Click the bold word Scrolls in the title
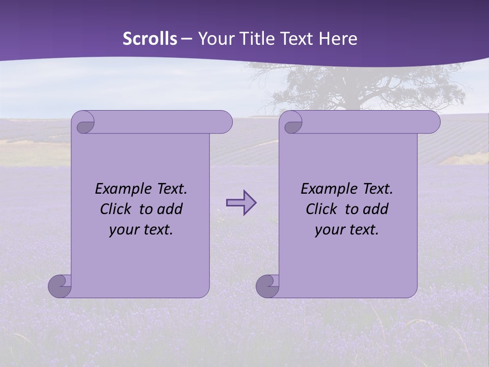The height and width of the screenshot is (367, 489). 150,39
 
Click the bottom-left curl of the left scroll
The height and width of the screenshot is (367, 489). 59,285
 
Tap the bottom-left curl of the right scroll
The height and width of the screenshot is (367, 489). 267,285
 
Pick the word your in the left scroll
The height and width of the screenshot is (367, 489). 123,230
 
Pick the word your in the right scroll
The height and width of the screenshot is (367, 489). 329,230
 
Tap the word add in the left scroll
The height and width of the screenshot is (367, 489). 171,209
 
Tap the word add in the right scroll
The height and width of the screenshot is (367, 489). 376,209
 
